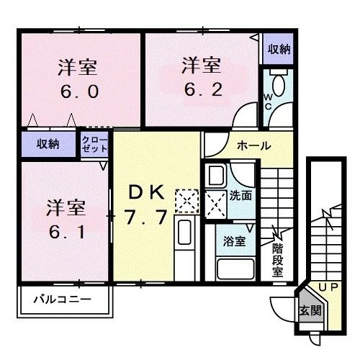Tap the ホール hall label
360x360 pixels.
(253, 145)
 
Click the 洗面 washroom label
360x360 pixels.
(241, 194)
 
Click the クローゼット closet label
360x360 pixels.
(95, 143)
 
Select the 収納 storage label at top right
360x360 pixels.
(279, 49)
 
